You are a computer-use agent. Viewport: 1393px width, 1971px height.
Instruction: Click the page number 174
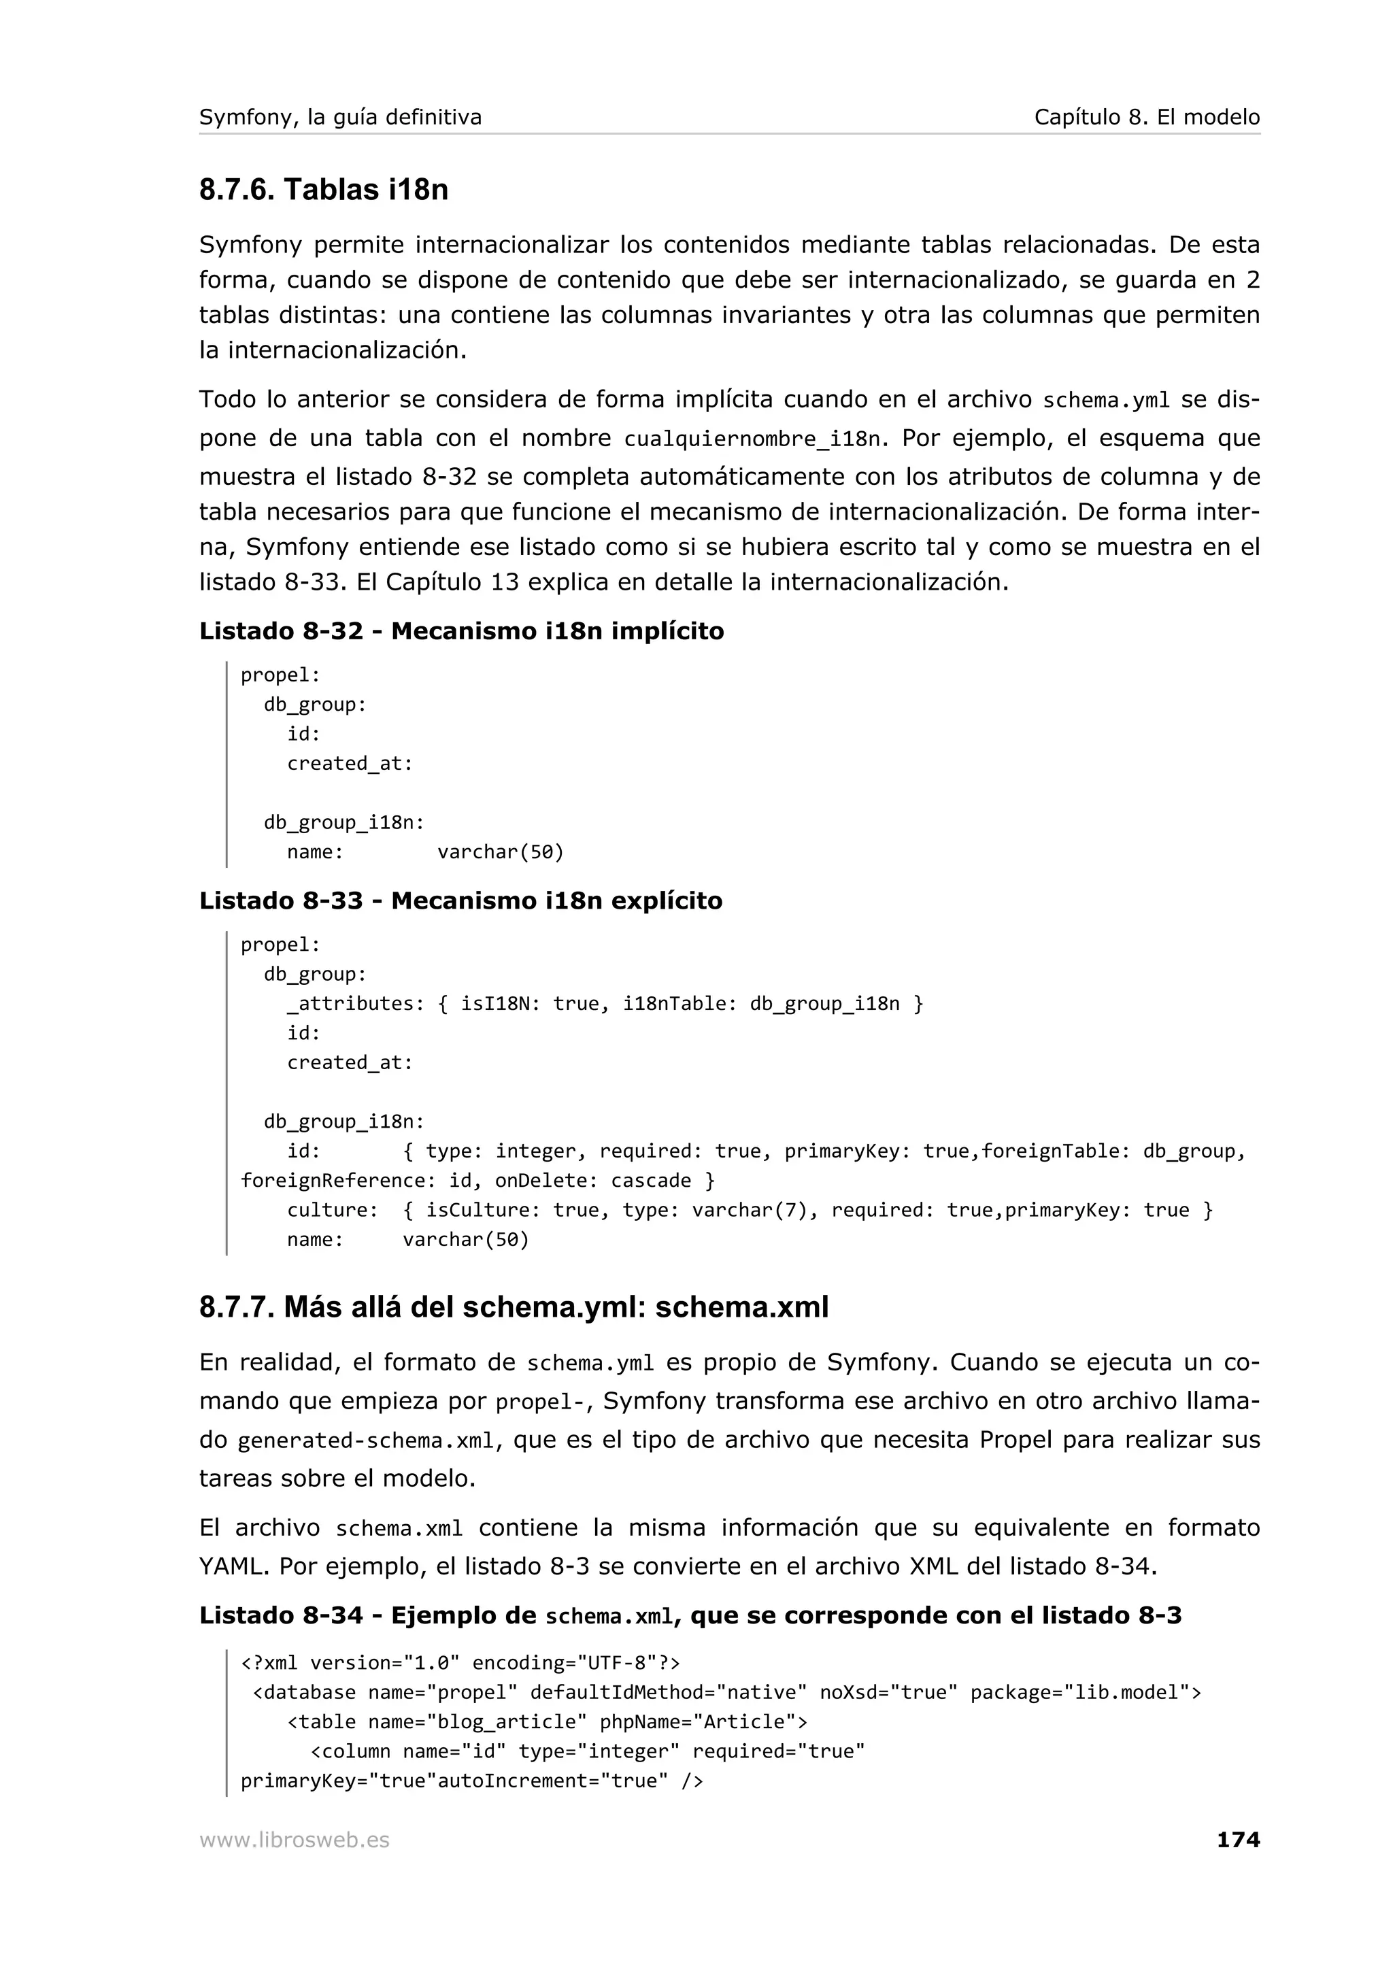pyautogui.click(x=1238, y=1840)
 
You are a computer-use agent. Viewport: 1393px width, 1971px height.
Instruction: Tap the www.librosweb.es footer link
pyautogui.click(x=295, y=1840)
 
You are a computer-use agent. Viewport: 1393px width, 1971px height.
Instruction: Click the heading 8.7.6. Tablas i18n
pyautogui.click(x=324, y=190)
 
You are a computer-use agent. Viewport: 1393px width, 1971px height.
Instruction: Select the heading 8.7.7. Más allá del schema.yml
pyautogui.click(x=514, y=1307)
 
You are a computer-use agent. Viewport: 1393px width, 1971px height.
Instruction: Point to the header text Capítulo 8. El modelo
pyautogui.click(x=1146, y=117)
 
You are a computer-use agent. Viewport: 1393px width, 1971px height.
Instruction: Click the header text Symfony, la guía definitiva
pyautogui.click(x=340, y=117)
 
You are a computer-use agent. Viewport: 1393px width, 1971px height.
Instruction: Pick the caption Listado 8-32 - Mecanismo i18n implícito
pyautogui.click(x=461, y=631)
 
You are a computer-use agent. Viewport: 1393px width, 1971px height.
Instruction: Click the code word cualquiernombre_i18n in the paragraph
pyautogui.click(x=752, y=439)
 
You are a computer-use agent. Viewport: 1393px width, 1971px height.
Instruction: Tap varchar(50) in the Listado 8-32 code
pyautogui.click(x=501, y=852)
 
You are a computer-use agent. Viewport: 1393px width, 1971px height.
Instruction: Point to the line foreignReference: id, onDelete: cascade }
pyautogui.click(x=477, y=1181)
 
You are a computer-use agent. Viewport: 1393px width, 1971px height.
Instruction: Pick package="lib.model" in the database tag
pyautogui.click(x=1085, y=1692)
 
